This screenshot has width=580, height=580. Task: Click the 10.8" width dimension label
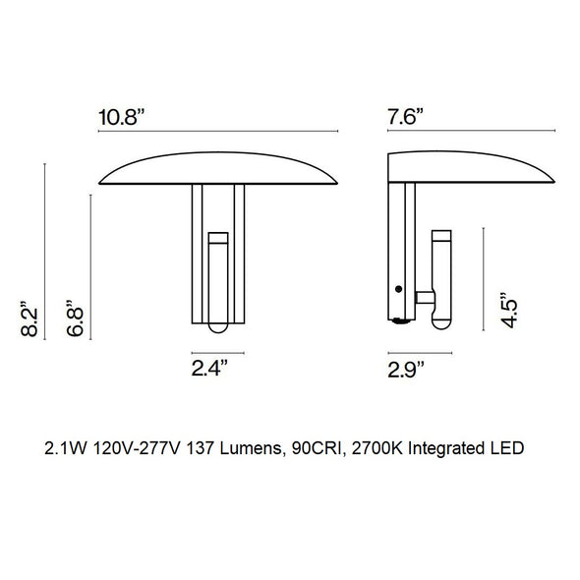click(x=121, y=117)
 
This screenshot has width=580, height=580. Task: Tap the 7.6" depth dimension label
click(x=405, y=117)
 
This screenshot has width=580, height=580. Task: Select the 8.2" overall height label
click(x=29, y=319)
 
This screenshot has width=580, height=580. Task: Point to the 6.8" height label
click(x=75, y=319)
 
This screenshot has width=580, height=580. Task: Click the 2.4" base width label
click(x=209, y=368)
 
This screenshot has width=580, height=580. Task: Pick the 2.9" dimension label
click(x=405, y=370)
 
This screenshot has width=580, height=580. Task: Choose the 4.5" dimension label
click(x=507, y=310)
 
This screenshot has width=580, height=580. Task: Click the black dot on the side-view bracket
click(x=398, y=289)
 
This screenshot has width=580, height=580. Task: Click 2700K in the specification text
click(x=377, y=448)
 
